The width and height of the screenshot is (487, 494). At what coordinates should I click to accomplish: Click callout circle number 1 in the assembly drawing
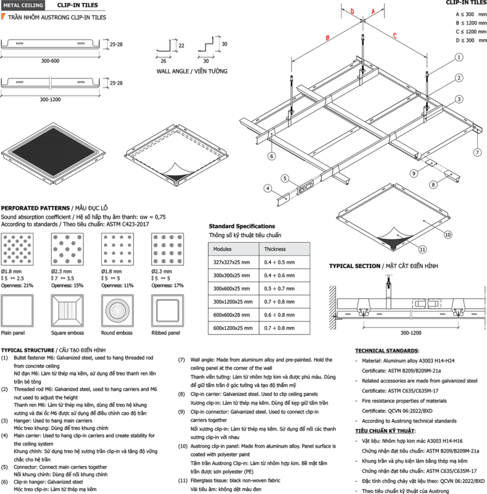point(459,57)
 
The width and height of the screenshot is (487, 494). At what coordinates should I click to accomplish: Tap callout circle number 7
point(478,153)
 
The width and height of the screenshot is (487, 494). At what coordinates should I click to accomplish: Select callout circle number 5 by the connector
point(285,178)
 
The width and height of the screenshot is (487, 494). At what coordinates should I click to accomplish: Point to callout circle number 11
point(422,249)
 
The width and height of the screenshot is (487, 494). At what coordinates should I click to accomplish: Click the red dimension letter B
point(328,38)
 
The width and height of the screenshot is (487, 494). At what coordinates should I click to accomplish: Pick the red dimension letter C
point(394,36)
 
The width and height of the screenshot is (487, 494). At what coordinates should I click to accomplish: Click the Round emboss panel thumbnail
point(117,311)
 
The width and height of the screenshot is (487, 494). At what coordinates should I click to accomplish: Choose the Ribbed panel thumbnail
point(168,311)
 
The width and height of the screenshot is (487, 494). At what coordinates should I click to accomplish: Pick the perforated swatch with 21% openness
point(17,249)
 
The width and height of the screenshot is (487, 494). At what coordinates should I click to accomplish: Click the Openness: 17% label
point(168,285)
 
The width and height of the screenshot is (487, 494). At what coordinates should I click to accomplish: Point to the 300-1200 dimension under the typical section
point(410,333)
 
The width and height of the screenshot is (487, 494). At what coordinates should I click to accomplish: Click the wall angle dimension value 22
point(181,46)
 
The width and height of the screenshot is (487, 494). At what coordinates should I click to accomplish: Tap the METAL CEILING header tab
point(23,6)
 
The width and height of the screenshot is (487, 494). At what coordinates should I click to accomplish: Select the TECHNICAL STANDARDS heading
point(387,351)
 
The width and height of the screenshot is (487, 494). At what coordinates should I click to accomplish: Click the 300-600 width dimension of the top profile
point(50,61)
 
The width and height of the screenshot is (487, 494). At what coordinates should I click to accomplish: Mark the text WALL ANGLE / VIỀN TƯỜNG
point(192,71)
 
